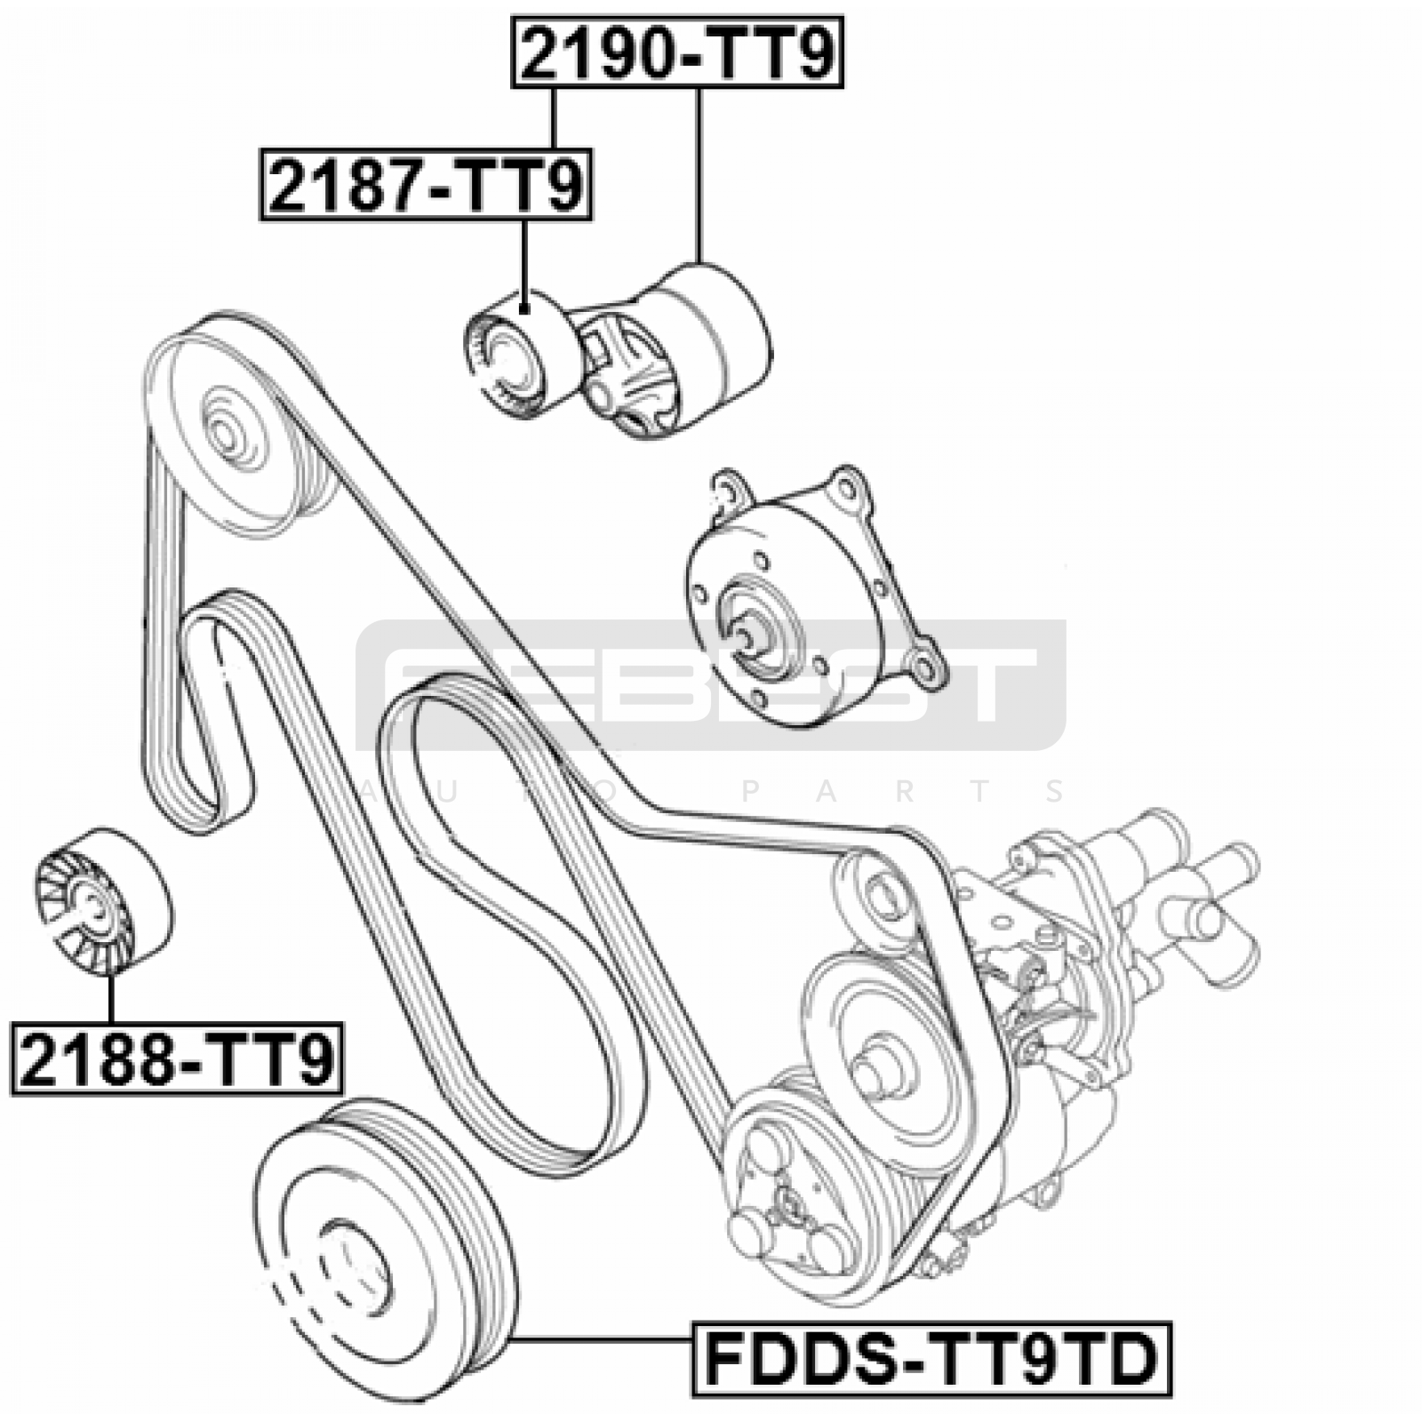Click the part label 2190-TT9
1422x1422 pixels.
(x=677, y=52)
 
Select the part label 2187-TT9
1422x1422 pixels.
(x=426, y=184)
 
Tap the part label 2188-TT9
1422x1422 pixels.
(x=177, y=1058)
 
